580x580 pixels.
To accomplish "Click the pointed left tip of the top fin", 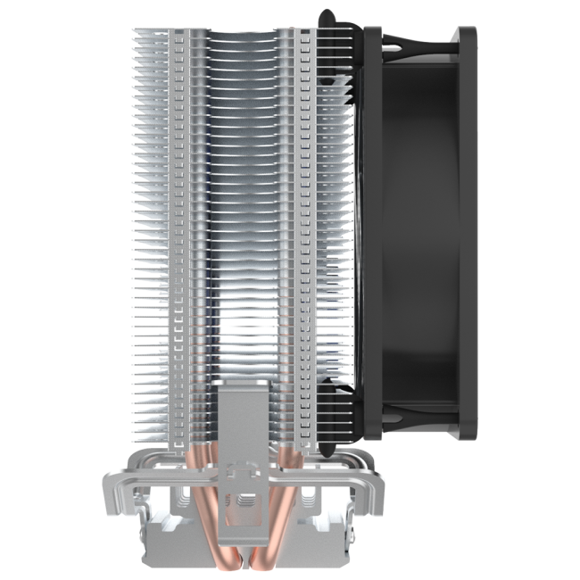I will click(134, 30).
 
